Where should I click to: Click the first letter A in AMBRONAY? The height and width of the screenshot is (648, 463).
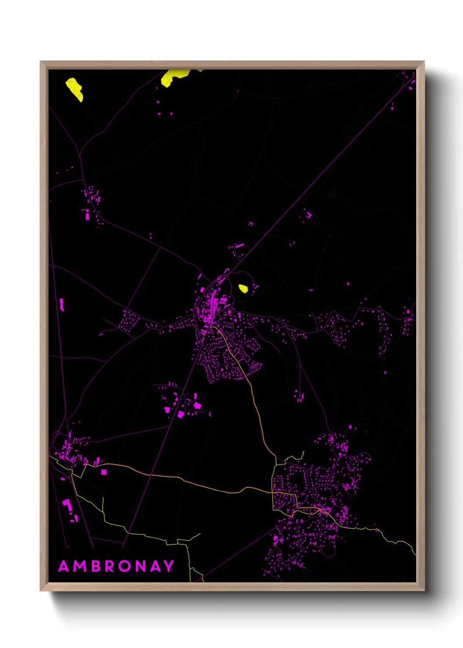pos(64,566)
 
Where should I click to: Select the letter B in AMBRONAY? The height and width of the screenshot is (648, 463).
pos(97,566)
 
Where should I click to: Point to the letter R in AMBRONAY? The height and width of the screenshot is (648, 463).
pos(110,566)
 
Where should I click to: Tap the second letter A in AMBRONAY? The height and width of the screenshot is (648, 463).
pos(156,566)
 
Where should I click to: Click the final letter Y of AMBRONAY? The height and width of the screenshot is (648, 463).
pos(169,566)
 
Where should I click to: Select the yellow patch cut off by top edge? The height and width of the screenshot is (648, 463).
pos(174,76)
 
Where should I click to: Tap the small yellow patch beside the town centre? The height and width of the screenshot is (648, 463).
pos(243,288)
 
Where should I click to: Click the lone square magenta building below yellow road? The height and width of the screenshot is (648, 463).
pos(104,472)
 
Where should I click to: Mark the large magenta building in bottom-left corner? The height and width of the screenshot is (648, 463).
pos(67,504)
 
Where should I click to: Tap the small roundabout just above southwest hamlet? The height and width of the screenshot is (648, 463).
pos(57,433)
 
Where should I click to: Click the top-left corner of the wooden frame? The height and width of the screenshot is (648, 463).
pos(41,62)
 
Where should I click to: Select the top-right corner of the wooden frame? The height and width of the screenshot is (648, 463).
pos(424,62)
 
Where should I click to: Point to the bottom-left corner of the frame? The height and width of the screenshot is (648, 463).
pos(41,590)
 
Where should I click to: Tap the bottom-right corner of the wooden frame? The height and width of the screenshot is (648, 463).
pos(424,590)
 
